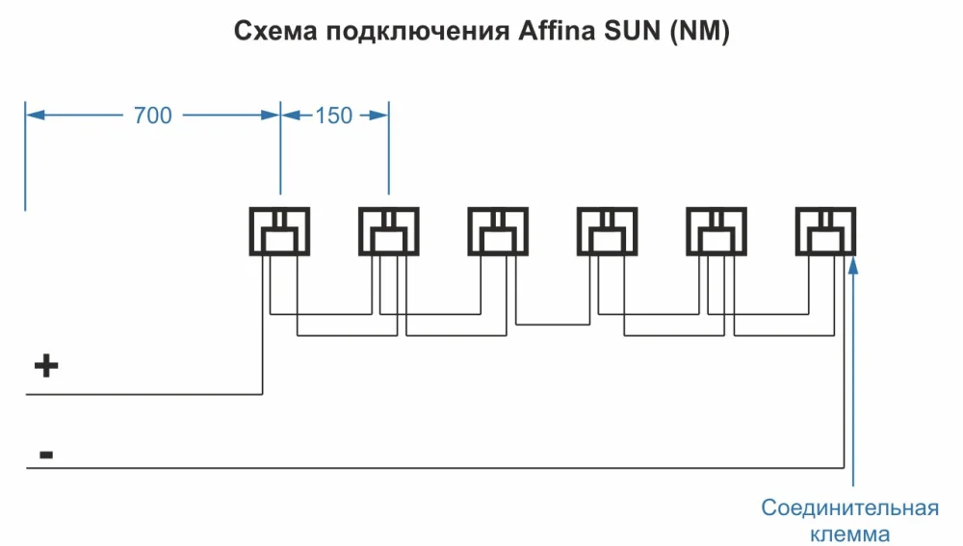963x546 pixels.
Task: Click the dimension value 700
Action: (152, 116)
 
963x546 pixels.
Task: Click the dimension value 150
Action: (333, 116)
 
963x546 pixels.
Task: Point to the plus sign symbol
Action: (46, 366)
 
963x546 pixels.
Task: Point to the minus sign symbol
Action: (45, 452)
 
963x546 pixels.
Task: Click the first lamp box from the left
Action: (280, 231)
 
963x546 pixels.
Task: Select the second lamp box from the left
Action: (389, 231)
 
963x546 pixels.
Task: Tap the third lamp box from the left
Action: (498, 231)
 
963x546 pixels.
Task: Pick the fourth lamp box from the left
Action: (607, 231)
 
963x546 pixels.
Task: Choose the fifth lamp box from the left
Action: (716, 231)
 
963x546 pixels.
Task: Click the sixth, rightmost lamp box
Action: (825, 231)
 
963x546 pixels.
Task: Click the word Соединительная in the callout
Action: (850, 507)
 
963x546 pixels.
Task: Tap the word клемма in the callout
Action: (850, 533)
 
